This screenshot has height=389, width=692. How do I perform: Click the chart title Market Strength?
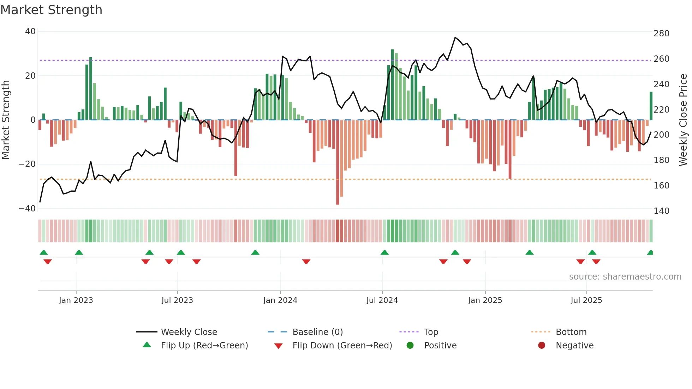point(51,10)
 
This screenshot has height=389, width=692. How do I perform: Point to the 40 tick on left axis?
point(30,31)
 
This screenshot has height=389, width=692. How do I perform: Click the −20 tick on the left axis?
point(27,164)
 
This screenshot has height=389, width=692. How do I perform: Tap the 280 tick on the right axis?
point(661,34)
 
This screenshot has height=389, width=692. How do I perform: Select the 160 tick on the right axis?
point(661,186)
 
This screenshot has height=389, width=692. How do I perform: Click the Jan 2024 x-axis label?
point(280,300)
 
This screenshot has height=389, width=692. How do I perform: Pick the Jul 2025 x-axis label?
point(586,300)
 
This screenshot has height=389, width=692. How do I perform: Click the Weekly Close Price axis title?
point(683,120)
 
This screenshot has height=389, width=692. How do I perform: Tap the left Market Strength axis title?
point(6,120)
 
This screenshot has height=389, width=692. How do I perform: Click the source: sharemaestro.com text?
point(625,277)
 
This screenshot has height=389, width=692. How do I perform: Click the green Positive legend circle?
point(410,346)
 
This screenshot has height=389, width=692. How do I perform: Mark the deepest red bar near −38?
point(338,162)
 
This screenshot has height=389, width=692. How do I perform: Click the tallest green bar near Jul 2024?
point(393,85)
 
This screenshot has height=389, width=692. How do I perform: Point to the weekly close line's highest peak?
point(455,37)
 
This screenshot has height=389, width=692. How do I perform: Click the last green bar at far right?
point(651,106)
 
